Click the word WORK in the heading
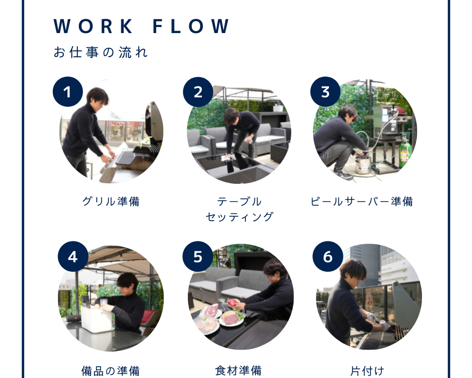[93, 26]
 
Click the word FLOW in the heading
[191, 26]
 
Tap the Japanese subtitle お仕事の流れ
[101, 52]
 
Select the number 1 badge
[67, 92]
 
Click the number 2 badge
[198, 92]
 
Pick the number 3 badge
[325, 92]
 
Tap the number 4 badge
[73, 257]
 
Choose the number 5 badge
[198, 257]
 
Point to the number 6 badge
[328, 257]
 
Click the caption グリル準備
[111, 201]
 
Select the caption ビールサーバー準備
[362, 201]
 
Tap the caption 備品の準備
[111, 371]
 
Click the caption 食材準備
[238, 371]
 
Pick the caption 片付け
[367, 371]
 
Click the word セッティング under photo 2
[240, 217]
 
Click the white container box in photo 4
[96, 319]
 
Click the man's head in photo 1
[97, 97]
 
